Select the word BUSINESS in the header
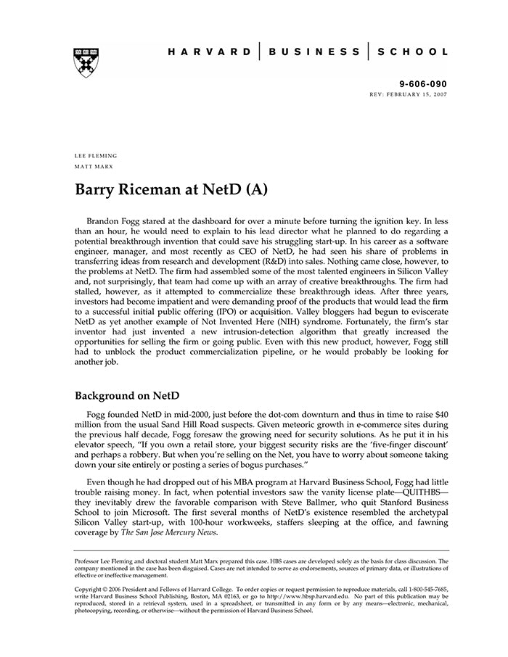click(x=314, y=52)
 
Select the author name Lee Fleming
click(x=96, y=156)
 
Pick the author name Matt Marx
click(x=94, y=167)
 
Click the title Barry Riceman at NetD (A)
click(x=171, y=190)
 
